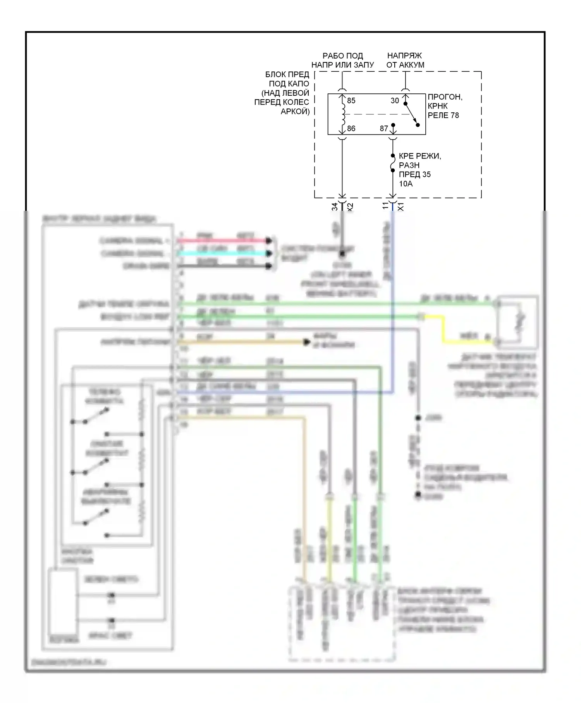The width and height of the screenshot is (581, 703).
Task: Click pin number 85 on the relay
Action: pos(351,101)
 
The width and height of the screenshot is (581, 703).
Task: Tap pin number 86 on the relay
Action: pos(351,129)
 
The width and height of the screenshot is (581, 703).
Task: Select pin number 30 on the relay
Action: pos(394,101)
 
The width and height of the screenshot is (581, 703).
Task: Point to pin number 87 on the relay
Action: pos(383,129)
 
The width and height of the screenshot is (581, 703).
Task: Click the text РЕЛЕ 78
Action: pos(443,115)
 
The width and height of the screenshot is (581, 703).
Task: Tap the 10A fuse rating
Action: pos(406,184)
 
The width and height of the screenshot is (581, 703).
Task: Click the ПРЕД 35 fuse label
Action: pos(414,175)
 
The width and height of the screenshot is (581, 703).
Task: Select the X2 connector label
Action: pos(350,207)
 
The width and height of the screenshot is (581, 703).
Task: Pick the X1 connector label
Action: pos(401,207)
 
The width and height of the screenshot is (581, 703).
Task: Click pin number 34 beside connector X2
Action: pos(335,207)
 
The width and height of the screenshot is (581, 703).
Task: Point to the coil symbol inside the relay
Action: pos(342,114)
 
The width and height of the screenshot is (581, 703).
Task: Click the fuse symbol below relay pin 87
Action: pos(393,163)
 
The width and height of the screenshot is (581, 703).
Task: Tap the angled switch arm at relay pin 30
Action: pos(412,115)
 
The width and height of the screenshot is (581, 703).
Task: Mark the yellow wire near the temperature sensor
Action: pos(444,329)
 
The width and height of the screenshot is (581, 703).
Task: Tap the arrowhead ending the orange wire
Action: pos(307,342)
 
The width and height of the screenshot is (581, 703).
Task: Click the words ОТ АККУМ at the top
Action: pos(405,65)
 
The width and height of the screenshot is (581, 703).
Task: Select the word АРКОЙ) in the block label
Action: pos(295,112)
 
